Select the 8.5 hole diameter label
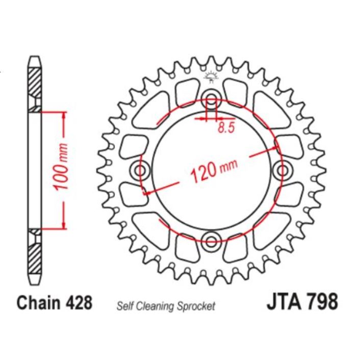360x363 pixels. click(x=225, y=127)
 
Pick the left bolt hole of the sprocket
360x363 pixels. click(x=139, y=169)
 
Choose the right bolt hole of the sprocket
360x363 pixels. click(x=282, y=169)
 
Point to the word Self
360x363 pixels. click(x=125, y=306)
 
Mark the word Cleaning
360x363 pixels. click(x=156, y=306)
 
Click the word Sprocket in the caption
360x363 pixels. click(x=197, y=306)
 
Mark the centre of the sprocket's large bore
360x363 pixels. click(x=211, y=169)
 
